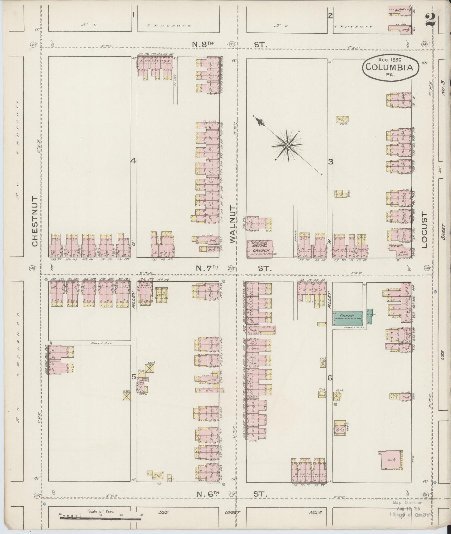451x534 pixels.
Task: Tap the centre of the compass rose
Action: pos(287,145)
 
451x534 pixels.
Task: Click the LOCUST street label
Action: pos(424,230)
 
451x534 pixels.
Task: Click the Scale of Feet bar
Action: pos(100,518)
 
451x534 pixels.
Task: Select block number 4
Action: pos(133,161)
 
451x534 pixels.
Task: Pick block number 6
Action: pos(330,378)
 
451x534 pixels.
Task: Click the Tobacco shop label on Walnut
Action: pos(253,349)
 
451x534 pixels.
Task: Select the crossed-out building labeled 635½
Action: pos(151,368)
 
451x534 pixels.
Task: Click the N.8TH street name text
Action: pos(202,45)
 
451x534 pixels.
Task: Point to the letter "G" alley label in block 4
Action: pos(133,246)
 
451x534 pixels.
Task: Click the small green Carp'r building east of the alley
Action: pos(370,315)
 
